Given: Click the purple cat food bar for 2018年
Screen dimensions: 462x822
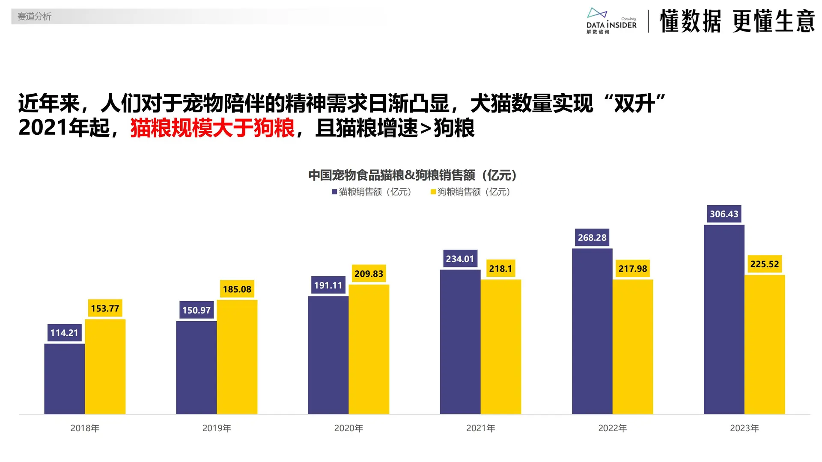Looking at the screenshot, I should point(64,379).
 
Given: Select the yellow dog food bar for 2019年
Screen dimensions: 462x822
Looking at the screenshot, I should point(237,357).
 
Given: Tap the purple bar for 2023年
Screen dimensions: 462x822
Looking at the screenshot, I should point(724,319).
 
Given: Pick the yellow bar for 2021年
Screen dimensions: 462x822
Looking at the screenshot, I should point(500,346).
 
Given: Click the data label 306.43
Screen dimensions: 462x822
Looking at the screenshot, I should point(724,214).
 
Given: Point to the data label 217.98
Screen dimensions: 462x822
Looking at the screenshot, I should point(632,269).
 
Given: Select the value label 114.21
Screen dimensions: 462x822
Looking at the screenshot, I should point(64,333).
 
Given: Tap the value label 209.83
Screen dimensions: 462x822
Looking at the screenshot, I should point(369,274).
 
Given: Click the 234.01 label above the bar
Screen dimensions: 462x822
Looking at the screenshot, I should point(460,259).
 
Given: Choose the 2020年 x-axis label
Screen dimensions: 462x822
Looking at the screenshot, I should point(348,428).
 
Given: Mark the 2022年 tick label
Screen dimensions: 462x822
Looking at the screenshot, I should point(612,428).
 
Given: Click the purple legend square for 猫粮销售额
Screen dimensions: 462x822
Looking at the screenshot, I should point(334,192).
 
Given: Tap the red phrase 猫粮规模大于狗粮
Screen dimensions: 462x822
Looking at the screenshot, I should point(212,128).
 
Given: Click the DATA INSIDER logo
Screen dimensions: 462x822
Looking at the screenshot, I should point(611,21).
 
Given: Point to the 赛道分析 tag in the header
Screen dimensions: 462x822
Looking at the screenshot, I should point(34,17).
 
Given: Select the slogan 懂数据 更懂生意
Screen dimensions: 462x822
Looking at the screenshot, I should point(737,21).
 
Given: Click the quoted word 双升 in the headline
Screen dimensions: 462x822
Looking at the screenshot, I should point(634,104).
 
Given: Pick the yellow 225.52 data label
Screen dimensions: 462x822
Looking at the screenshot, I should point(764,264).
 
